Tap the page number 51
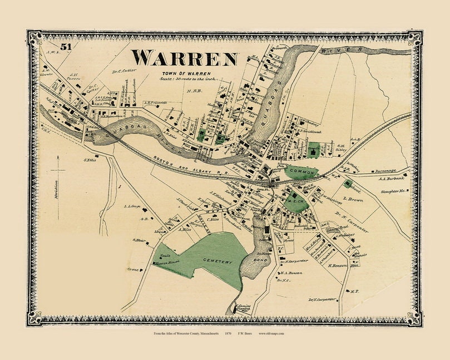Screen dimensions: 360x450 (66, 47)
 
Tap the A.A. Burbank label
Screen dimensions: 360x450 (390, 179)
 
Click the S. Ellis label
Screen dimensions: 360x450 (88, 161)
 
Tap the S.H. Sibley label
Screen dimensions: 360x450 (341, 148)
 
